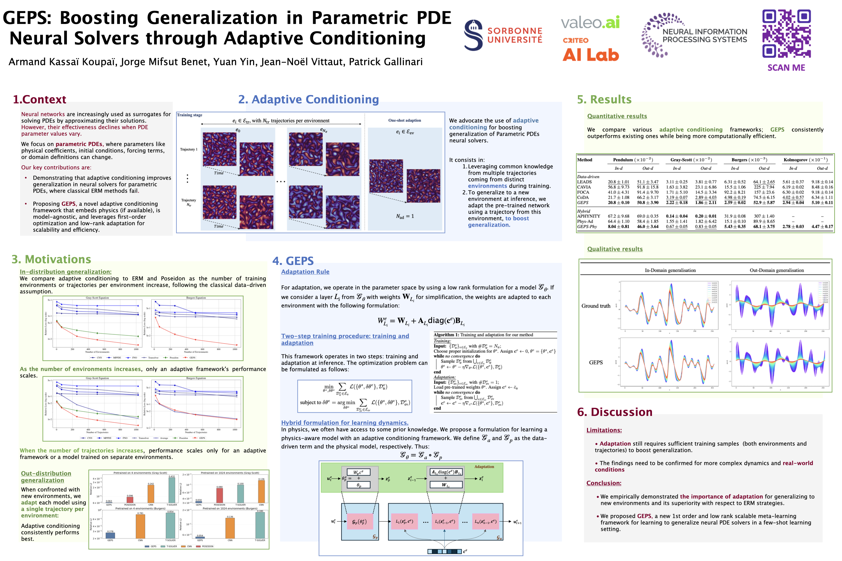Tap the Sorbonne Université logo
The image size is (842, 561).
coord(503,35)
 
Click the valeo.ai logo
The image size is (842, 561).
coord(590,22)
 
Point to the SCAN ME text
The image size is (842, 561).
coord(786,68)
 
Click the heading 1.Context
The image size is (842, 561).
coord(39,99)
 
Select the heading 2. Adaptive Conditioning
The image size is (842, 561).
coord(308,99)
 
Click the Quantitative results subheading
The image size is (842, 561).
coord(617,116)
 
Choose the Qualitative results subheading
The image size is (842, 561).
coord(615,249)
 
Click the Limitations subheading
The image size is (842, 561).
coord(604,430)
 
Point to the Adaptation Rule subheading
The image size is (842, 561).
coord(305,272)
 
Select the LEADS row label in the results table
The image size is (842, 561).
coord(584,182)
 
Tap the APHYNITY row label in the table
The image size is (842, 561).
coord(589,216)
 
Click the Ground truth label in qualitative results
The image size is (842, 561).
coord(596,306)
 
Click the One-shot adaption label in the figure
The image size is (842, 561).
coord(404,120)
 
